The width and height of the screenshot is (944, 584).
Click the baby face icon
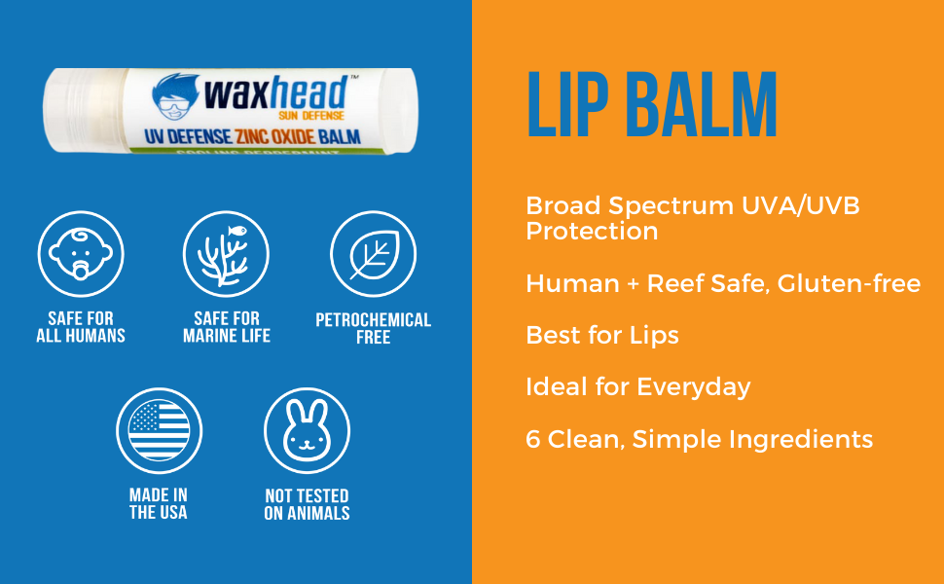click(x=81, y=254)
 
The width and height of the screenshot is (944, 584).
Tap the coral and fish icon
click(x=227, y=254)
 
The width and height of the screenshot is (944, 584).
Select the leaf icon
click(x=373, y=254)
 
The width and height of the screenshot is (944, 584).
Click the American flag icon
click(x=159, y=429)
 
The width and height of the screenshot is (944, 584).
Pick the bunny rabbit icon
click(x=307, y=429)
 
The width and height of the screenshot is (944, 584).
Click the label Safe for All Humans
click(x=81, y=327)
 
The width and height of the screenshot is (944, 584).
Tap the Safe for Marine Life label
click(x=227, y=327)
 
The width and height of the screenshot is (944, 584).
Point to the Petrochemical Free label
click(x=373, y=328)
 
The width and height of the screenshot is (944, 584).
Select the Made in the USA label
click(x=159, y=503)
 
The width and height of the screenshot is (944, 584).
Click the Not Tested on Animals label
click(x=307, y=503)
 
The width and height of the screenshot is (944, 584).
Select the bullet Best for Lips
click(x=601, y=335)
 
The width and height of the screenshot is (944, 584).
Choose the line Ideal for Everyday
click(x=637, y=386)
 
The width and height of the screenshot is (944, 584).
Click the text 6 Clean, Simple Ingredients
click(x=699, y=439)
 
